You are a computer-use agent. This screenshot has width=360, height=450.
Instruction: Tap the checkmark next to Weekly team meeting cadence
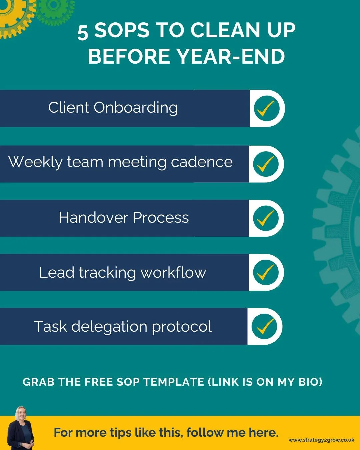click(266, 164)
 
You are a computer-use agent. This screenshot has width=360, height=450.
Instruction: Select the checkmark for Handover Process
click(266, 218)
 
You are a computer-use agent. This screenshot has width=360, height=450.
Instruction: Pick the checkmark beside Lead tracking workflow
click(266, 272)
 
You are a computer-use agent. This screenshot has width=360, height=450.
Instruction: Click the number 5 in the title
click(83, 33)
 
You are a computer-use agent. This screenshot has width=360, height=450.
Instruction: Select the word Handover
click(93, 218)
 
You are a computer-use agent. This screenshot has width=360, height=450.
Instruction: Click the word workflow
click(173, 272)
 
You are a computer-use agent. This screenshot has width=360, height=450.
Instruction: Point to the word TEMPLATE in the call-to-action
click(174, 382)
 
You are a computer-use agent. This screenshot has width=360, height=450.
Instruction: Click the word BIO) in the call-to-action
click(310, 382)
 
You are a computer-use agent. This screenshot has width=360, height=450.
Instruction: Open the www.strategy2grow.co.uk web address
click(321, 440)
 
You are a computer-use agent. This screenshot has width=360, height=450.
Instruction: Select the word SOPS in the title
click(122, 31)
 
